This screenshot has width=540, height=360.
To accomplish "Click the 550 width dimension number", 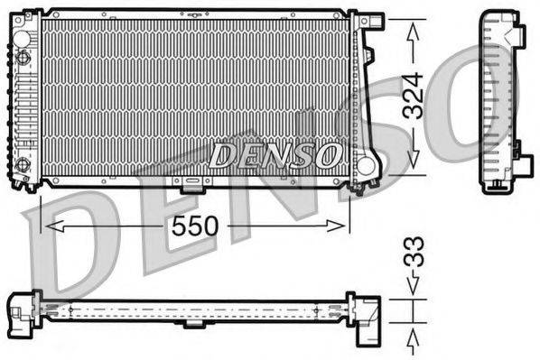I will (x=197, y=225).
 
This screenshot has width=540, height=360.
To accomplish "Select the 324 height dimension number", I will (x=413, y=97).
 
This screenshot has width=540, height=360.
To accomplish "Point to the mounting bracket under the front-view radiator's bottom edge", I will (x=191, y=186).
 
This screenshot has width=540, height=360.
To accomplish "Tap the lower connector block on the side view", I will (x=521, y=171).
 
